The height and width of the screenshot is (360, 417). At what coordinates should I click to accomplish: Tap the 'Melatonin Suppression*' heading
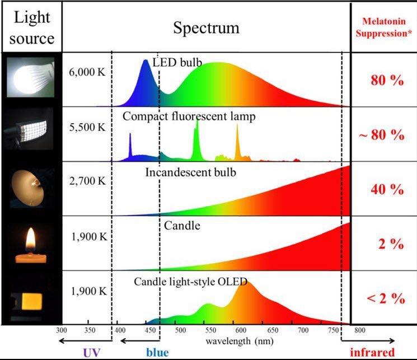(x=384, y=27)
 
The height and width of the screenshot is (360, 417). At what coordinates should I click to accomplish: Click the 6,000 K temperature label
(x=87, y=73)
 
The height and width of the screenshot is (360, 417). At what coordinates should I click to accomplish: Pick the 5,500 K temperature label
(x=87, y=127)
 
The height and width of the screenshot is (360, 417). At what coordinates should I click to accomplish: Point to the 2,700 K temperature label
(x=87, y=182)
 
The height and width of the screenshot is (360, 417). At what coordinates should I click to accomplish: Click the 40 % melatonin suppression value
(x=386, y=189)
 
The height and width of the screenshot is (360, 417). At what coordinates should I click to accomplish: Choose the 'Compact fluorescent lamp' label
(x=189, y=116)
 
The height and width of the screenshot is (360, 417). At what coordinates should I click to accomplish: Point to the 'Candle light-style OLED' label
(x=190, y=281)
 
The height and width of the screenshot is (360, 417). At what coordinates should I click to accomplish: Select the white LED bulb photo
(x=30, y=78)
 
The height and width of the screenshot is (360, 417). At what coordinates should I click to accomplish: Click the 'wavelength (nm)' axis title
(x=231, y=340)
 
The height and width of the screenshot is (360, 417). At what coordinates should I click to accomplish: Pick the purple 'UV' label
(x=91, y=353)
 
